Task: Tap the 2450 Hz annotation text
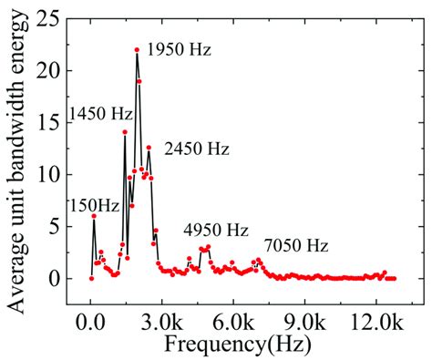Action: [197, 149]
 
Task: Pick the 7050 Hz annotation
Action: [296, 245]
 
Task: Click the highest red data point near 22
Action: [137, 50]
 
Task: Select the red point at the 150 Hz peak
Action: [94, 216]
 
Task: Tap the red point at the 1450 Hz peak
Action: [125, 132]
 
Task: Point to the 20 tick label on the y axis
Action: [55, 70]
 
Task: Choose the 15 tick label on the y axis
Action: [55, 122]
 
